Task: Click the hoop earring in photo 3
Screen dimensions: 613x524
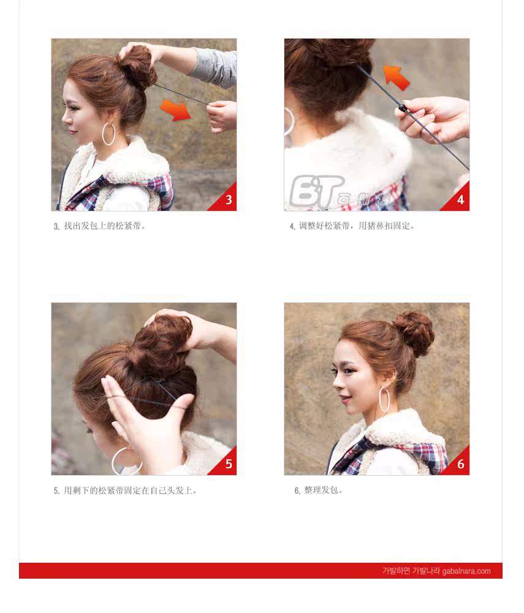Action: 108,134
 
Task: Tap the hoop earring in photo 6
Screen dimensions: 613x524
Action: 384,399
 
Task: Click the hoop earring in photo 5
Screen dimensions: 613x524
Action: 126,461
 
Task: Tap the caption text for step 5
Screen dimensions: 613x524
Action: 126,490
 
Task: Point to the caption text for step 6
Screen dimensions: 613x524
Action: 319,490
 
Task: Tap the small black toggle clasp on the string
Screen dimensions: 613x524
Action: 403,108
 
